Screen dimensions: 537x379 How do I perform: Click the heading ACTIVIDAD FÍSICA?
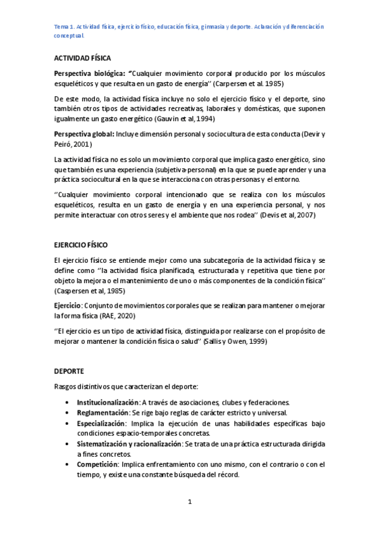(82, 58)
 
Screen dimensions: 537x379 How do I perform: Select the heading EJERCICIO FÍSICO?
(81, 244)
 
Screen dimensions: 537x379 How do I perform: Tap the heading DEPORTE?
(69, 371)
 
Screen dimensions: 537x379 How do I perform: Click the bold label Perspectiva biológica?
(90, 73)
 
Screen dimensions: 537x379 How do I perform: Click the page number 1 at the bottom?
(189, 502)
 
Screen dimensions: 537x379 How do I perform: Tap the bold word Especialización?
(101, 423)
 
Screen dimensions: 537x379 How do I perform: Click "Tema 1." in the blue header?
(64, 27)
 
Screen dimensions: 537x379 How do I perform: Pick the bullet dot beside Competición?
(67, 465)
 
